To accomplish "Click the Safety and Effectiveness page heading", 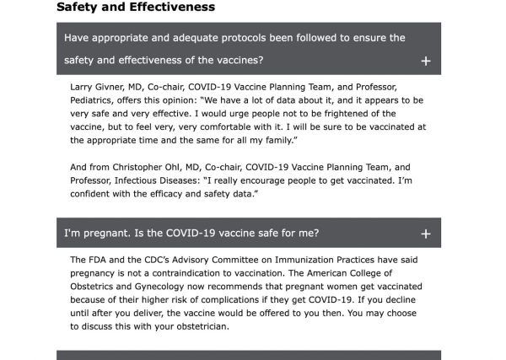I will click(136, 8).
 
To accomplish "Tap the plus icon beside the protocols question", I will click(426, 61).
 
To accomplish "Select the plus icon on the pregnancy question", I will click(426, 234).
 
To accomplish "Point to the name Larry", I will click(85, 87).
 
